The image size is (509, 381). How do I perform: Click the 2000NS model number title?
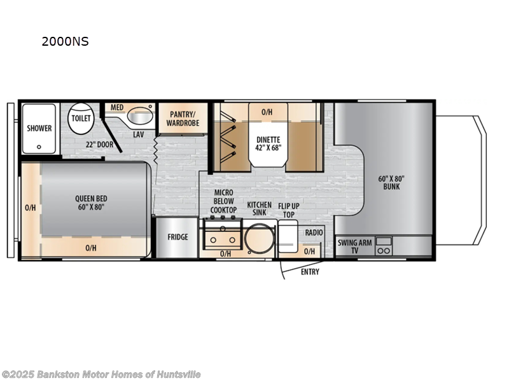point(64,42)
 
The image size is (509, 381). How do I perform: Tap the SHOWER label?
point(39,128)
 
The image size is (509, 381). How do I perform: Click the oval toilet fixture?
point(81,119)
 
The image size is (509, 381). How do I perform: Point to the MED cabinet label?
point(117,107)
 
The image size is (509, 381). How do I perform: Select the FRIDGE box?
point(178,237)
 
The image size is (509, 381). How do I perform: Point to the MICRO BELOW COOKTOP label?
point(223,201)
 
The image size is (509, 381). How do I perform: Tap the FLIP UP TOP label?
point(289,210)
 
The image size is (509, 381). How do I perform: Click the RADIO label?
point(314,233)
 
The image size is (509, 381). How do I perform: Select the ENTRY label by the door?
point(310,272)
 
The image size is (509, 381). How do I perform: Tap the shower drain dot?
point(39,146)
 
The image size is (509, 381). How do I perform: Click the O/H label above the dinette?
point(267,112)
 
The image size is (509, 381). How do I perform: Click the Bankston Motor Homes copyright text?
point(101,374)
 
